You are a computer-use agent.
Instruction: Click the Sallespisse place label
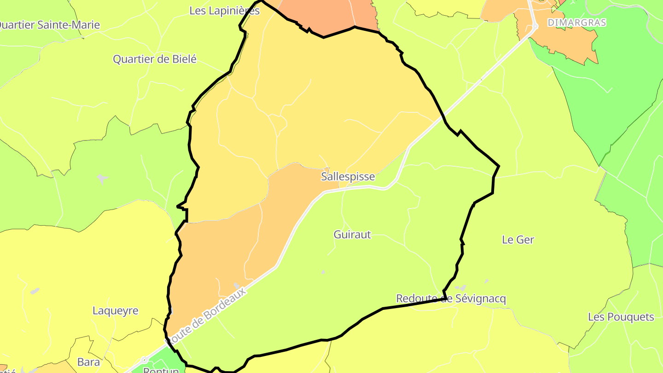[x=348, y=177]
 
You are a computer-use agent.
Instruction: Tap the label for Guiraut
[x=352, y=234]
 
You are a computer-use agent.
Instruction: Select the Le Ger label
[x=518, y=239]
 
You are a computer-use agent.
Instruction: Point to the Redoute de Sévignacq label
[x=451, y=299]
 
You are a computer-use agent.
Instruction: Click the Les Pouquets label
[x=621, y=317]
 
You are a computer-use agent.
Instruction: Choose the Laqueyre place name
[x=116, y=310]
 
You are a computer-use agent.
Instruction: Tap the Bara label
[x=88, y=362]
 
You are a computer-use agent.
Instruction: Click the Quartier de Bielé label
[x=155, y=59]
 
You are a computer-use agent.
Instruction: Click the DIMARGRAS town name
[x=576, y=22]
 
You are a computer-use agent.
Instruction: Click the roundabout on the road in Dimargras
[x=535, y=27]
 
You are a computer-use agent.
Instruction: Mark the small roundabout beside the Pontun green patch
[x=144, y=360]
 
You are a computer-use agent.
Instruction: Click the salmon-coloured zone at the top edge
[x=322, y=16]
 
